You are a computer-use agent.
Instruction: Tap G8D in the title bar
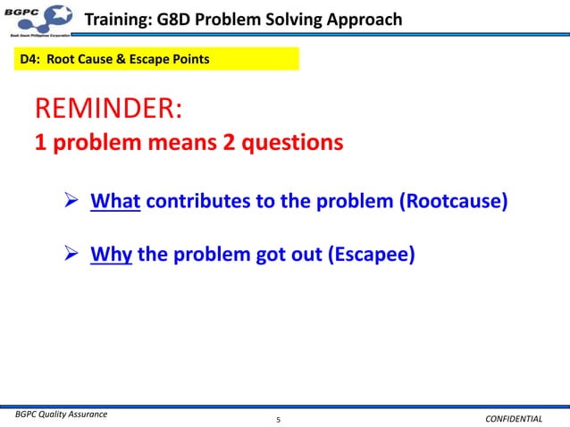179,20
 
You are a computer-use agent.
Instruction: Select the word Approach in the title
361,20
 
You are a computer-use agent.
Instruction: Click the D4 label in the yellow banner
30,60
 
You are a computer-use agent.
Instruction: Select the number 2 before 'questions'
236,143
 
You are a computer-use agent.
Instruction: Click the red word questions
296,143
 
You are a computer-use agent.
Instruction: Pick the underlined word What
115,201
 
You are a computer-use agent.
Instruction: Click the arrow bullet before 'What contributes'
76,202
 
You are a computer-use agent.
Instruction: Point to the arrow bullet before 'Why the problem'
76,256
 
